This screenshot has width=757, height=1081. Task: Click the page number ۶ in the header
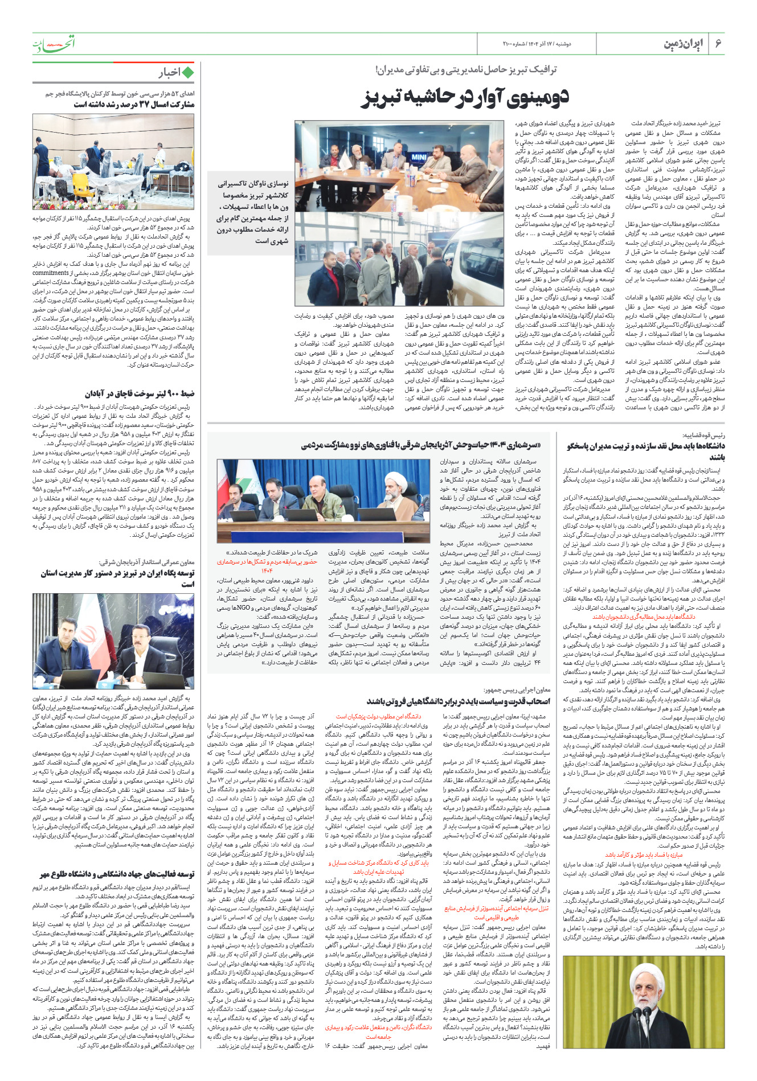pyautogui.click(x=718, y=44)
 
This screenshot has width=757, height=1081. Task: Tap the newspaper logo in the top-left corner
pyautogui.click(x=54, y=43)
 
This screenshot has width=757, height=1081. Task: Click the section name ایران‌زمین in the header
pyautogui.click(x=683, y=44)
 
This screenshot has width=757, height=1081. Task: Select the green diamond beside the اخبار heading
pyautogui.click(x=188, y=73)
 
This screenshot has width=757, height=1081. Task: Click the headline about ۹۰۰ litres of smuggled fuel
pyautogui.click(x=140, y=393)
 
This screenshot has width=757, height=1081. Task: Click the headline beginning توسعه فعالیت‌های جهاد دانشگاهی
pyautogui.click(x=117, y=874)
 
